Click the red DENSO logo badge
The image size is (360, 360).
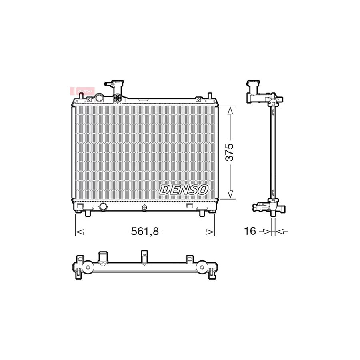tap(82, 91)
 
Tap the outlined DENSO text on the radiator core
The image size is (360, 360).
tap(184, 189)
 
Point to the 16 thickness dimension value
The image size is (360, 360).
tap(250, 232)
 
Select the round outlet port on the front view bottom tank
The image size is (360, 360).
tap(103, 207)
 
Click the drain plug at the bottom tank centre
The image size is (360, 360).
tap(144, 207)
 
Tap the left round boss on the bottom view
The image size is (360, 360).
tap(86, 267)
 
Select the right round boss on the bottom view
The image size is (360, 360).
tap(202, 267)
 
